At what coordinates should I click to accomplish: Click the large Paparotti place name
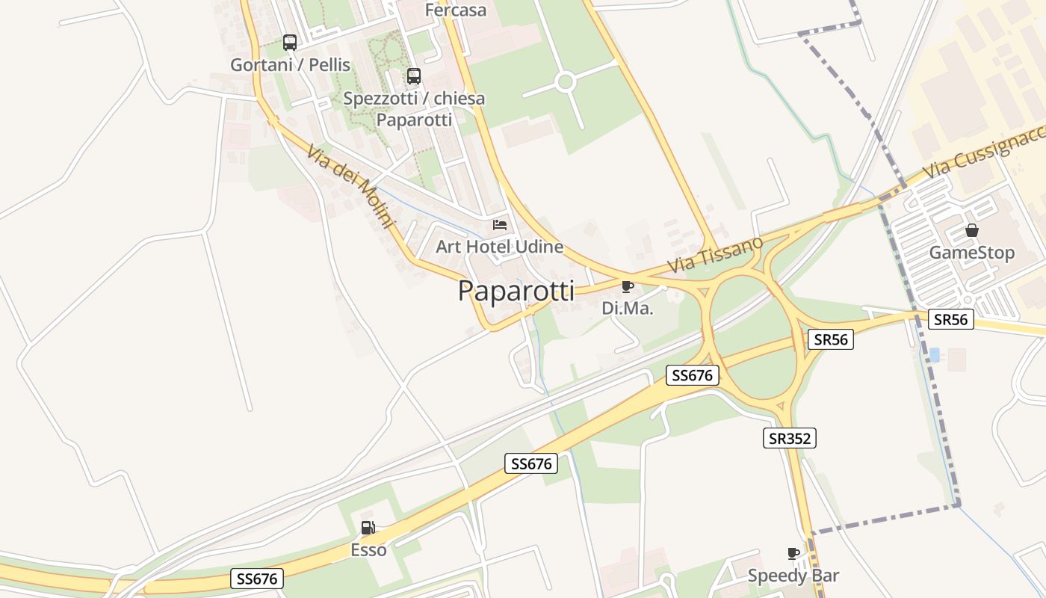coord(516,291)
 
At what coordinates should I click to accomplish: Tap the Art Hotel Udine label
coord(499,247)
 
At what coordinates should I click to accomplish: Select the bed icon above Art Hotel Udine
coord(500,224)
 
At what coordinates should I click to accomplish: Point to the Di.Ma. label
coord(628,308)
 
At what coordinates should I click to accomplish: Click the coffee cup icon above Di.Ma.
coord(628,286)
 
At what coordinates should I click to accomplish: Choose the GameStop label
coord(971,253)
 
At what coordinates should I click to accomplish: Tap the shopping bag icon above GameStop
coord(972,230)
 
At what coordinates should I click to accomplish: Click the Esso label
coord(369,550)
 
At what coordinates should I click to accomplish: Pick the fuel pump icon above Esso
coord(368,528)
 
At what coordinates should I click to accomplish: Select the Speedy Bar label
coord(793,576)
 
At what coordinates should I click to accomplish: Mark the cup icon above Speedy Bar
coord(793,553)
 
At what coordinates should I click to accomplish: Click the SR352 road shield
coord(790,438)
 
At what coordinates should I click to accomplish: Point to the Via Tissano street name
coord(715,255)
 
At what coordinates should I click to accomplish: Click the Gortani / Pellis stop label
coord(290,65)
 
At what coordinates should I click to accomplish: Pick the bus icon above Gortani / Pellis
coord(290,43)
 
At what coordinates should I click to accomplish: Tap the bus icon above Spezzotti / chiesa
coord(414,76)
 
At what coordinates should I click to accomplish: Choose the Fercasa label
coord(455,10)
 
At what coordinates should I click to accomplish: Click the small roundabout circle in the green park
coord(566,81)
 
